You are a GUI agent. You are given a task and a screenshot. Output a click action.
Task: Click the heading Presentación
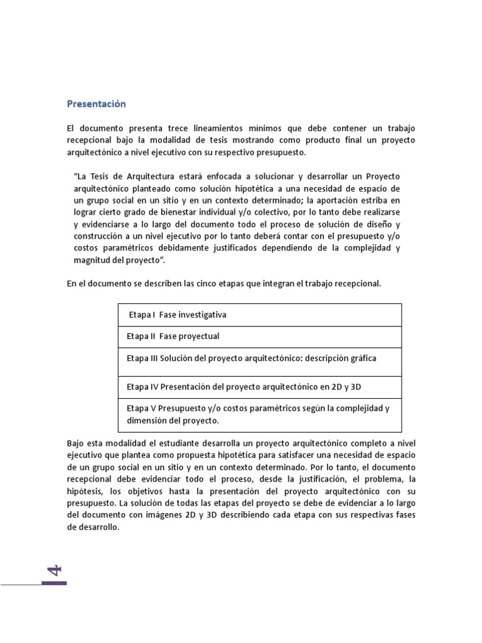pos(97,104)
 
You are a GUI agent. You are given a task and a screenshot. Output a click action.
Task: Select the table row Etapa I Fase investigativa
pos(260,314)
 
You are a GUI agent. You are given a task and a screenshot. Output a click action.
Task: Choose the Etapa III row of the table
pos(260,358)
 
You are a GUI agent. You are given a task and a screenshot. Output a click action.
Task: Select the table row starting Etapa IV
pos(260,386)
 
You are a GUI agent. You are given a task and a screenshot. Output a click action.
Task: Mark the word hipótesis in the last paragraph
pos(83,492)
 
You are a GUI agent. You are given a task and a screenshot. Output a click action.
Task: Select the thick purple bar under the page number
pos(54,583)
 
